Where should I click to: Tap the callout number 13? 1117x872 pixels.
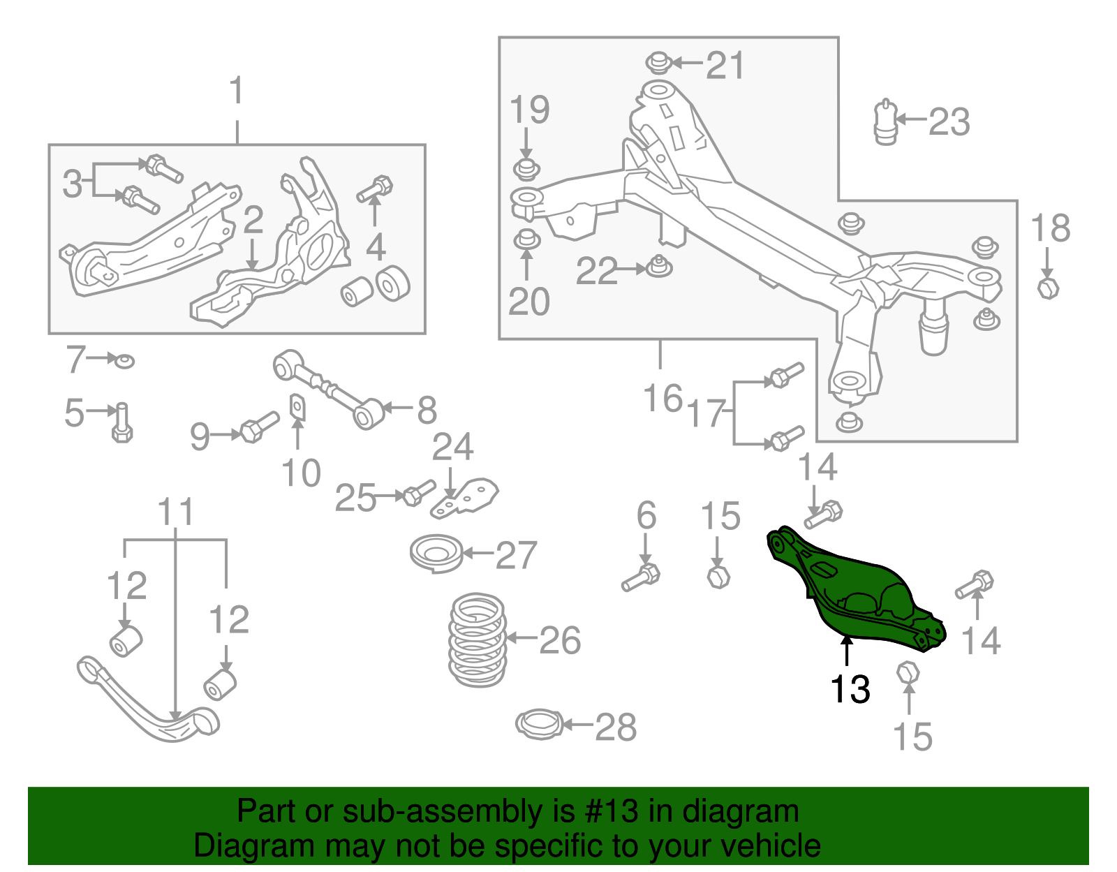point(850,689)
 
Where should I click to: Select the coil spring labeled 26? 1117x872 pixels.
point(478,640)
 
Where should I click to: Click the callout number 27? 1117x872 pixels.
point(516,555)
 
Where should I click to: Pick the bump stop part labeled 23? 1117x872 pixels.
point(885,123)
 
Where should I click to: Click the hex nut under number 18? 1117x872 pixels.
point(1047,287)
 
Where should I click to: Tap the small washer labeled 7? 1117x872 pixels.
point(124,360)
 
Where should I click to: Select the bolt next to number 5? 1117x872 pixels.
point(122,422)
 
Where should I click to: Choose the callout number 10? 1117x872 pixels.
point(301,473)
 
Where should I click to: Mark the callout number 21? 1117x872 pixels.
point(725,66)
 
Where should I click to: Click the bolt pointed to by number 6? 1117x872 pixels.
point(641,577)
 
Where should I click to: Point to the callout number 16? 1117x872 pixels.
point(662,399)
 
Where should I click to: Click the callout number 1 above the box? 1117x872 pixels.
point(237,91)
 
